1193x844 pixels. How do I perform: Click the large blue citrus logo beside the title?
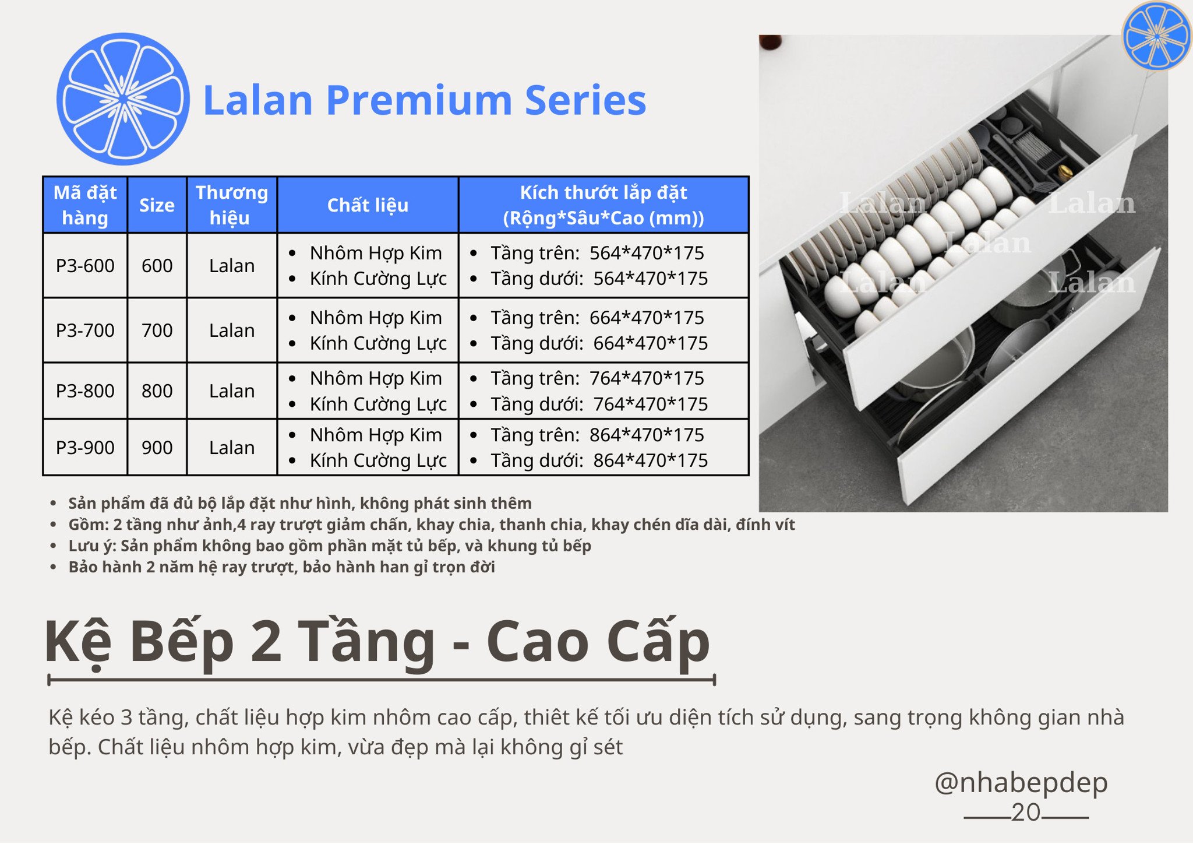click(x=123, y=99)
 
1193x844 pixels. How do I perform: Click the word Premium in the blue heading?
click(x=419, y=100)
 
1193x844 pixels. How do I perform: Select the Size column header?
click(x=157, y=205)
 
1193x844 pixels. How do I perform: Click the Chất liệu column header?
click(x=368, y=205)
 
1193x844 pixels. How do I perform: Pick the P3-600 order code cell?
click(x=85, y=266)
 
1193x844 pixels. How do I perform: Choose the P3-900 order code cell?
click(x=85, y=448)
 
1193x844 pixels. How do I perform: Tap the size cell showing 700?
click(x=157, y=330)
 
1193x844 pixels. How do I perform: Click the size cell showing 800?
click(x=157, y=391)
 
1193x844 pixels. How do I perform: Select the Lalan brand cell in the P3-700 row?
click(x=232, y=330)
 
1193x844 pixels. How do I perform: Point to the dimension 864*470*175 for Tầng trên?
click(x=646, y=435)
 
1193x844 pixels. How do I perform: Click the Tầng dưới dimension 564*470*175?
click(x=650, y=279)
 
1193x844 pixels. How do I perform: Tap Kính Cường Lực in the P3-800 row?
click(x=378, y=404)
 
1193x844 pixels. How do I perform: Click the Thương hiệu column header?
click(x=232, y=205)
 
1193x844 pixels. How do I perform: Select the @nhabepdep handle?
click(x=1021, y=782)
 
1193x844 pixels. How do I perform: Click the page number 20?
click(x=1026, y=812)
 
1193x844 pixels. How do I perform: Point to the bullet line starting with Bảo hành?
click(x=281, y=567)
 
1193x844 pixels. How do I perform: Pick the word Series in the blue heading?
click(x=585, y=100)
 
